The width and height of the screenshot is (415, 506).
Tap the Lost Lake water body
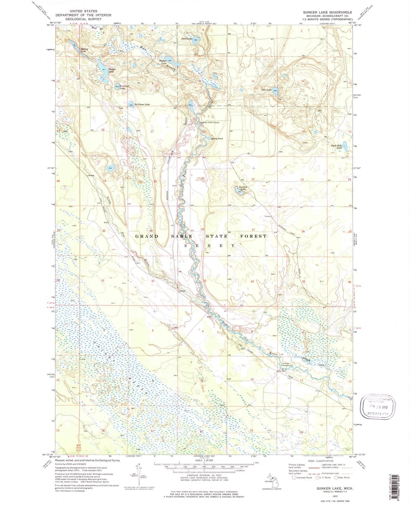point(275,89)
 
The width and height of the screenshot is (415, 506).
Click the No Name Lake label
point(141,104)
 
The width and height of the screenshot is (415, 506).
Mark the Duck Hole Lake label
point(337,146)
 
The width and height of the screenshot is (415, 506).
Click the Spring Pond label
point(217,139)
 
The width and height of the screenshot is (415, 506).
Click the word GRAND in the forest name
point(147,236)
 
